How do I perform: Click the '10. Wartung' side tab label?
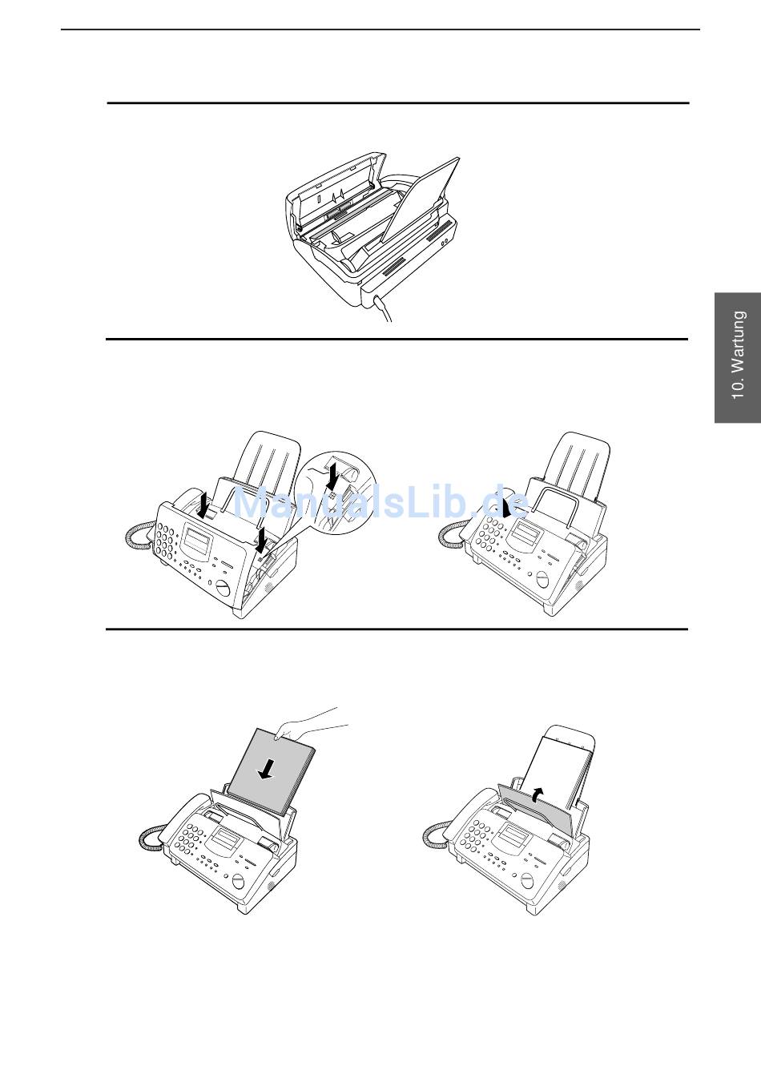pos(738,355)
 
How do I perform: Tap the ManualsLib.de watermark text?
pos(381,504)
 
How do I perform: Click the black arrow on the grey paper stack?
pos(267,769)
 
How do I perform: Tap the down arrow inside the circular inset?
pos(332,477)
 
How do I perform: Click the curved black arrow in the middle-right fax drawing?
pos(506,507)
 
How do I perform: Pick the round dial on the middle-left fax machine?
pos(223,589)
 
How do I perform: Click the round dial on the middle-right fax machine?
pos(542,579)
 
